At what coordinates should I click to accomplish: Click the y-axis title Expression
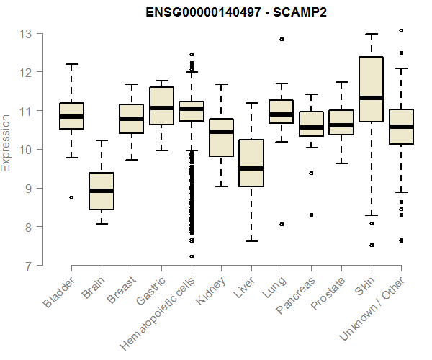pos(7,142)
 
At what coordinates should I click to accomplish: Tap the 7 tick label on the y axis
pos(27,266)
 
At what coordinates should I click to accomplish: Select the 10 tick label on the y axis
pos(26,150)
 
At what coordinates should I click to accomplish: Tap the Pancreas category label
pos(295,295)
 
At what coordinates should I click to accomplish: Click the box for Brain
pos(102,191)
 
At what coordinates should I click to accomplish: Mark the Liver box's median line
pos(251,168)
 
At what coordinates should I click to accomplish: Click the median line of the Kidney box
pos(221,132)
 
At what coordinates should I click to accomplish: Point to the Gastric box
pos(161,106)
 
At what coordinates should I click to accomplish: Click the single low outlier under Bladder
pos(71,197)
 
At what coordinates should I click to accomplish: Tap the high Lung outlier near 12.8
pos(282,39)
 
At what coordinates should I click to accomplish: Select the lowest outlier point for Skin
pos(372,246)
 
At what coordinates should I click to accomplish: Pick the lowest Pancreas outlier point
pos(312,215)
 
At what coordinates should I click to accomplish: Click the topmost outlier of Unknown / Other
pos(401,31)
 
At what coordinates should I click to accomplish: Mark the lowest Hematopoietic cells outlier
pos(192,256)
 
